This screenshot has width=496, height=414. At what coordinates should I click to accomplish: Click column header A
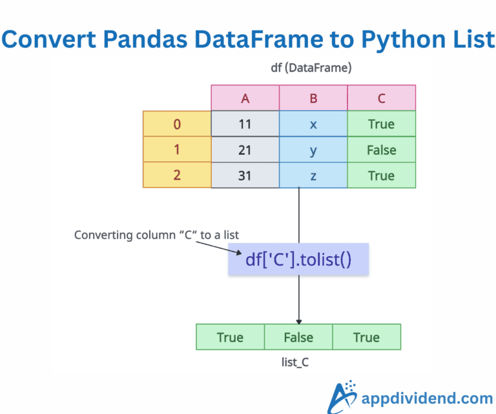(x=245, y=98)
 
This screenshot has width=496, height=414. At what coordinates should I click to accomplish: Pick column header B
(x=313, y=98)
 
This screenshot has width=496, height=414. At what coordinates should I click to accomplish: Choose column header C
(x=381, y=98)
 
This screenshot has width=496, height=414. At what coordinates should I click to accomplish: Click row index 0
(x=177, y=124)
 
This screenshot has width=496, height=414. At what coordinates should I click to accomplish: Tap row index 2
(x=177, y=175)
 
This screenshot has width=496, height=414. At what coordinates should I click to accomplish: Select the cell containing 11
(x=245, y=124)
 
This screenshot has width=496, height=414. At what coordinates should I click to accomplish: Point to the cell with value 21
(x=245, y=150)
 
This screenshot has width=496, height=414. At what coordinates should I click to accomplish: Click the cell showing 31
(x=245, y=175)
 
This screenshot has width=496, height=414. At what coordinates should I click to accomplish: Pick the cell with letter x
(x=313, y=124)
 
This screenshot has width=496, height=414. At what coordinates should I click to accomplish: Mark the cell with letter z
(x=313, y=175)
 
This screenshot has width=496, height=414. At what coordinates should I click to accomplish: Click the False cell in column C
(x=381, y=150)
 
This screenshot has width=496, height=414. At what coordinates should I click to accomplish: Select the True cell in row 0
(x=381, y=124)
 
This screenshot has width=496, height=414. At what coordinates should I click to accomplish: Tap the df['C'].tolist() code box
(x=298, y=260)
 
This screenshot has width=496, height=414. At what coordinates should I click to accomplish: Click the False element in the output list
(x=298, y=337)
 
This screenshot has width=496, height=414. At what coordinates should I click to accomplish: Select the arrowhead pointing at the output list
(x=298, y=320)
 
